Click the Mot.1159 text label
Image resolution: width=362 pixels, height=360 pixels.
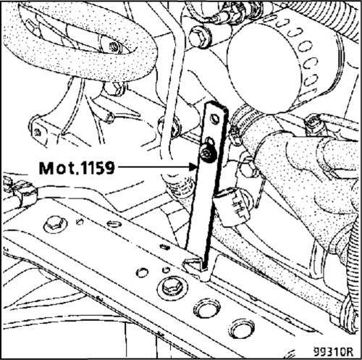77,168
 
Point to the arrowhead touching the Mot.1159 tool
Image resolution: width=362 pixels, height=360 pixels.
193,167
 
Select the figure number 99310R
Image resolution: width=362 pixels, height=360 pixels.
333,351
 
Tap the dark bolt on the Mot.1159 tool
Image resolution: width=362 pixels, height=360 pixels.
206,154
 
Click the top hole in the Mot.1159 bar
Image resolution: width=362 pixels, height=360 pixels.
214,119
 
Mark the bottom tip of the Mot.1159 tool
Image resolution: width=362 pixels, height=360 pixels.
205,268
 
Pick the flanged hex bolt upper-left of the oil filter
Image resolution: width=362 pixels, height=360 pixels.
199,38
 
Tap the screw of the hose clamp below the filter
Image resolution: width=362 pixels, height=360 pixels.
235,133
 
